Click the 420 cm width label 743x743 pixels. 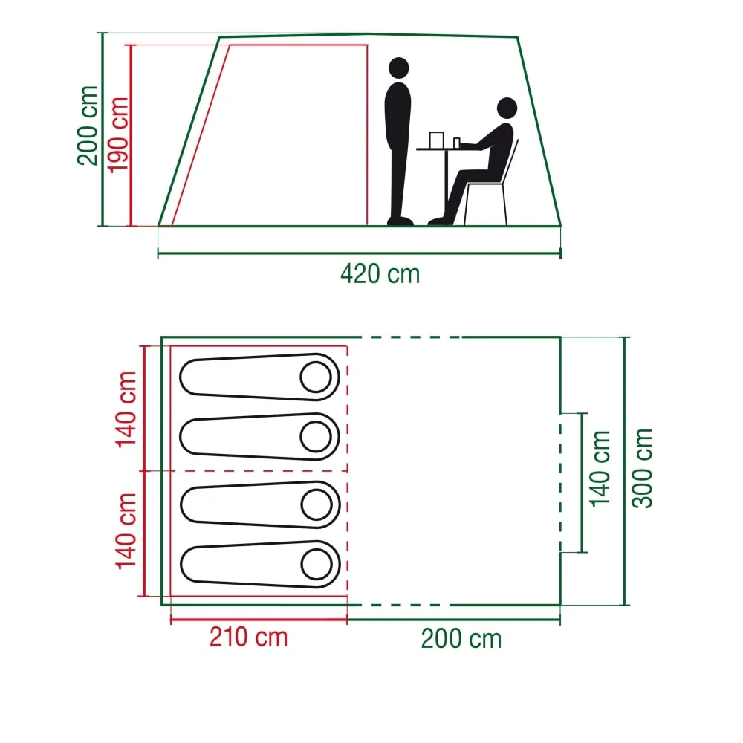coord(380,274)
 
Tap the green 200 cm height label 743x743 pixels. coord(88,125)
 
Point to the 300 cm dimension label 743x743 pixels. coord(643,468)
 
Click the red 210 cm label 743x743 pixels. coord(248,637)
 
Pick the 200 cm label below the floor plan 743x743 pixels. coord(461,639)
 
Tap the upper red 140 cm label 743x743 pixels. coord(126,410)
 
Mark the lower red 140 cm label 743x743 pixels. coord(126,530)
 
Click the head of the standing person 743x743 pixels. coord(399,68)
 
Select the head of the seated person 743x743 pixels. coord(507,108)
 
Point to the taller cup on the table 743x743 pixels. coord(436,140)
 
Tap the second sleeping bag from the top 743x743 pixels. coord(253,436)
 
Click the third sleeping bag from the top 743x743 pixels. coord(253,505)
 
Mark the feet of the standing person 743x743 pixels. coord(400,220)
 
